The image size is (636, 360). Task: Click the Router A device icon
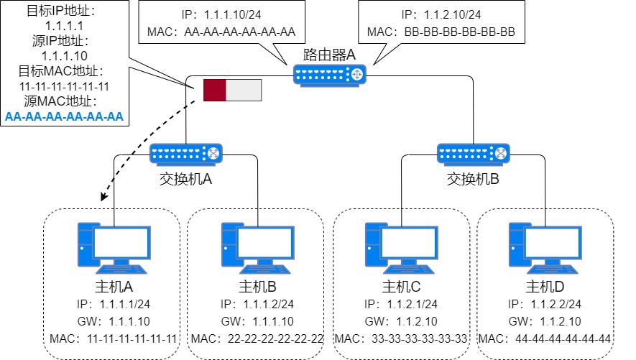click(x=330, y=73)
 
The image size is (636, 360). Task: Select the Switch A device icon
click(x=186, y=153)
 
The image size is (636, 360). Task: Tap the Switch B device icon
click(x=474, y=153)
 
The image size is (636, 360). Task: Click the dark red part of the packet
click(x=215, y=90)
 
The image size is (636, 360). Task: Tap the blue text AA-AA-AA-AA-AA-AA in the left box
click(x=65, y=116)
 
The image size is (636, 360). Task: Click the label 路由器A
click(x=330, y=54)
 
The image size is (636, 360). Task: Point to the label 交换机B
click(x=474, y=178)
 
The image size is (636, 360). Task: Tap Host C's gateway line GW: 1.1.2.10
click(x=402, y=321)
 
